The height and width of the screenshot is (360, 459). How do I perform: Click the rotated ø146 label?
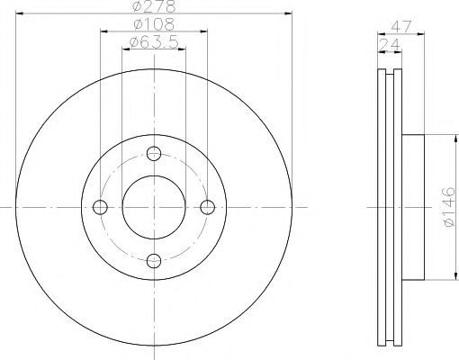(448, 206)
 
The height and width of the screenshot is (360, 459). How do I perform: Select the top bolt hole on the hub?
(154, 152)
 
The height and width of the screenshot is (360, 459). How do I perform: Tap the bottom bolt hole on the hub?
(154, 261)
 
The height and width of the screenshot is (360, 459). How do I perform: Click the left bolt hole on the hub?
(100, 207)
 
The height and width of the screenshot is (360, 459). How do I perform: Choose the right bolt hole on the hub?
(208, 207)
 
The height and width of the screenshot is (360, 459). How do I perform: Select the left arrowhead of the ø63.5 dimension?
(125, 48)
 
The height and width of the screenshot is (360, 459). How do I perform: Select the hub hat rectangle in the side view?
(411, 207)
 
